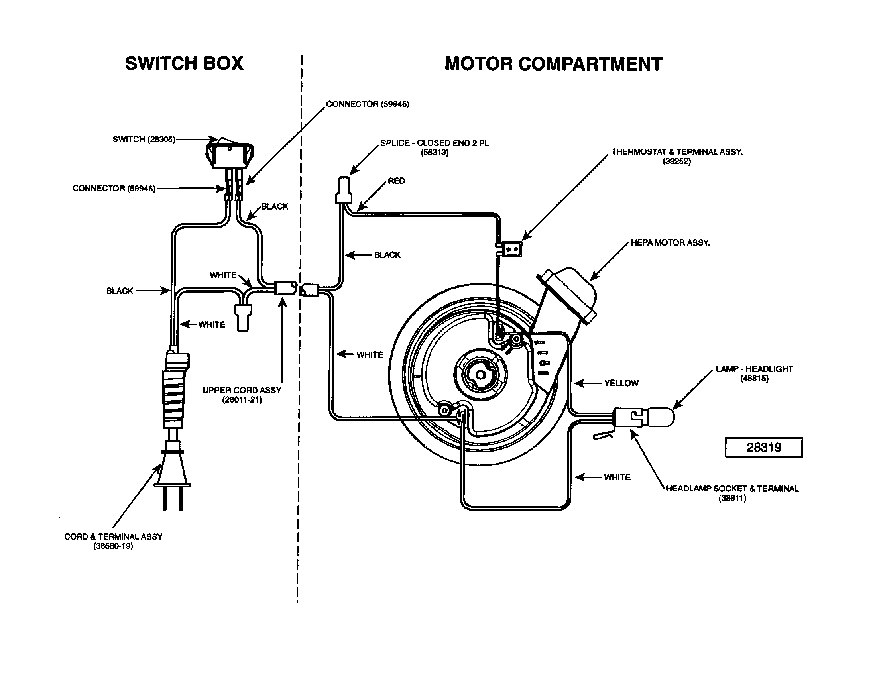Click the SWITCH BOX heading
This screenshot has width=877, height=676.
click(184, 63)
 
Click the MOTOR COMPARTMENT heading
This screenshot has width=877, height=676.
click(553, 64)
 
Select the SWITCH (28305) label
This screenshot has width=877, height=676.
click(144, 139)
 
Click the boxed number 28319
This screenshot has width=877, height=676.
click(763, 447)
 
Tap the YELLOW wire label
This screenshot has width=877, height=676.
click(621, 383)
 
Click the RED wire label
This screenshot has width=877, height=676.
click(396, 181)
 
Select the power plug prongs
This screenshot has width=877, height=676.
click(173, 498)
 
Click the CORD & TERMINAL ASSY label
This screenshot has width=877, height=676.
click(113, 541)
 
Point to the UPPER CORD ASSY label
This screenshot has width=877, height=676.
click(242, 395)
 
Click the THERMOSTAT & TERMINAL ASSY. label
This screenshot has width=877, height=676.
click(677, 156)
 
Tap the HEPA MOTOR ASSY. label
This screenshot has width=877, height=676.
click(670, 242)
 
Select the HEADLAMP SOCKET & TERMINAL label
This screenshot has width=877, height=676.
click(732, 493)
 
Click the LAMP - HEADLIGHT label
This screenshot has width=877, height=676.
click(754, 373)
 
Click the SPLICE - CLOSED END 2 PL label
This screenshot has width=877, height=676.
click(435, 147)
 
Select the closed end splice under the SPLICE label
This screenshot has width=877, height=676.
click(344, 190)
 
